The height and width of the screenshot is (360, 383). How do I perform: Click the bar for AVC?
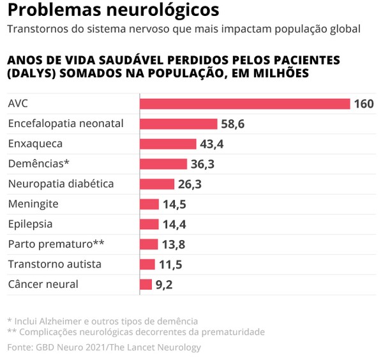pyautogui.click(x=244, y=103)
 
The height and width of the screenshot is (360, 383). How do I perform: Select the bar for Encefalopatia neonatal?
pyautogui.click(x=178, y=124)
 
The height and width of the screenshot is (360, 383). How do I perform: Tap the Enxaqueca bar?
pyautogui.click(x=168, y=144)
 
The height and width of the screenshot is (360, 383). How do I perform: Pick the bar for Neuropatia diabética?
pyautogui.click(x=156, y=184)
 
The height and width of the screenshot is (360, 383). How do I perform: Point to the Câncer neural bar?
pyautogui.click(x=146, y=284)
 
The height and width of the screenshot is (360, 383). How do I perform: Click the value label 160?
pyautogui.click(x=364, y=104)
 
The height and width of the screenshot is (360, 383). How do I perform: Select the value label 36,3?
pyautogui.click(x=202, y=164)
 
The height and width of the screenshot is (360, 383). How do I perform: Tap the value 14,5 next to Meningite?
pyautogui.click(x=174, y=204)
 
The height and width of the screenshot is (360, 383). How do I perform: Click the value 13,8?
pyautogui.click(x=174, y=244)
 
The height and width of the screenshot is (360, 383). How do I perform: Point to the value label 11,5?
pyautogui.click(x=170, y=264)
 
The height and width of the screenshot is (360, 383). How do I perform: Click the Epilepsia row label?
pyautogui.click(x=30, y=224)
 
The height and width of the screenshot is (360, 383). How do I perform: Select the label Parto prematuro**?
pyautogui.click(x=56, y=244)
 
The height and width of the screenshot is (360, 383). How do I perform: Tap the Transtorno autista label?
pyautogui.click(x=54, y=264)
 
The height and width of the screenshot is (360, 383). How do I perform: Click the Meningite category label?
pyautogui.click(x=33, y=204)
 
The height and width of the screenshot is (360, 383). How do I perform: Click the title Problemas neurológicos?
pyautogui.click(x=113, y=11)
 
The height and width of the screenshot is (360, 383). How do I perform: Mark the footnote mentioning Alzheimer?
pyautogui.click(x=102, y=320)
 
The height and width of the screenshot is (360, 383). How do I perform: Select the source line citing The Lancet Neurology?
pyautogui.click(x=104, y=347)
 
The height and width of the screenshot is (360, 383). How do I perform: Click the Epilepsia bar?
pyautogui.click(x=149, y=224)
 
